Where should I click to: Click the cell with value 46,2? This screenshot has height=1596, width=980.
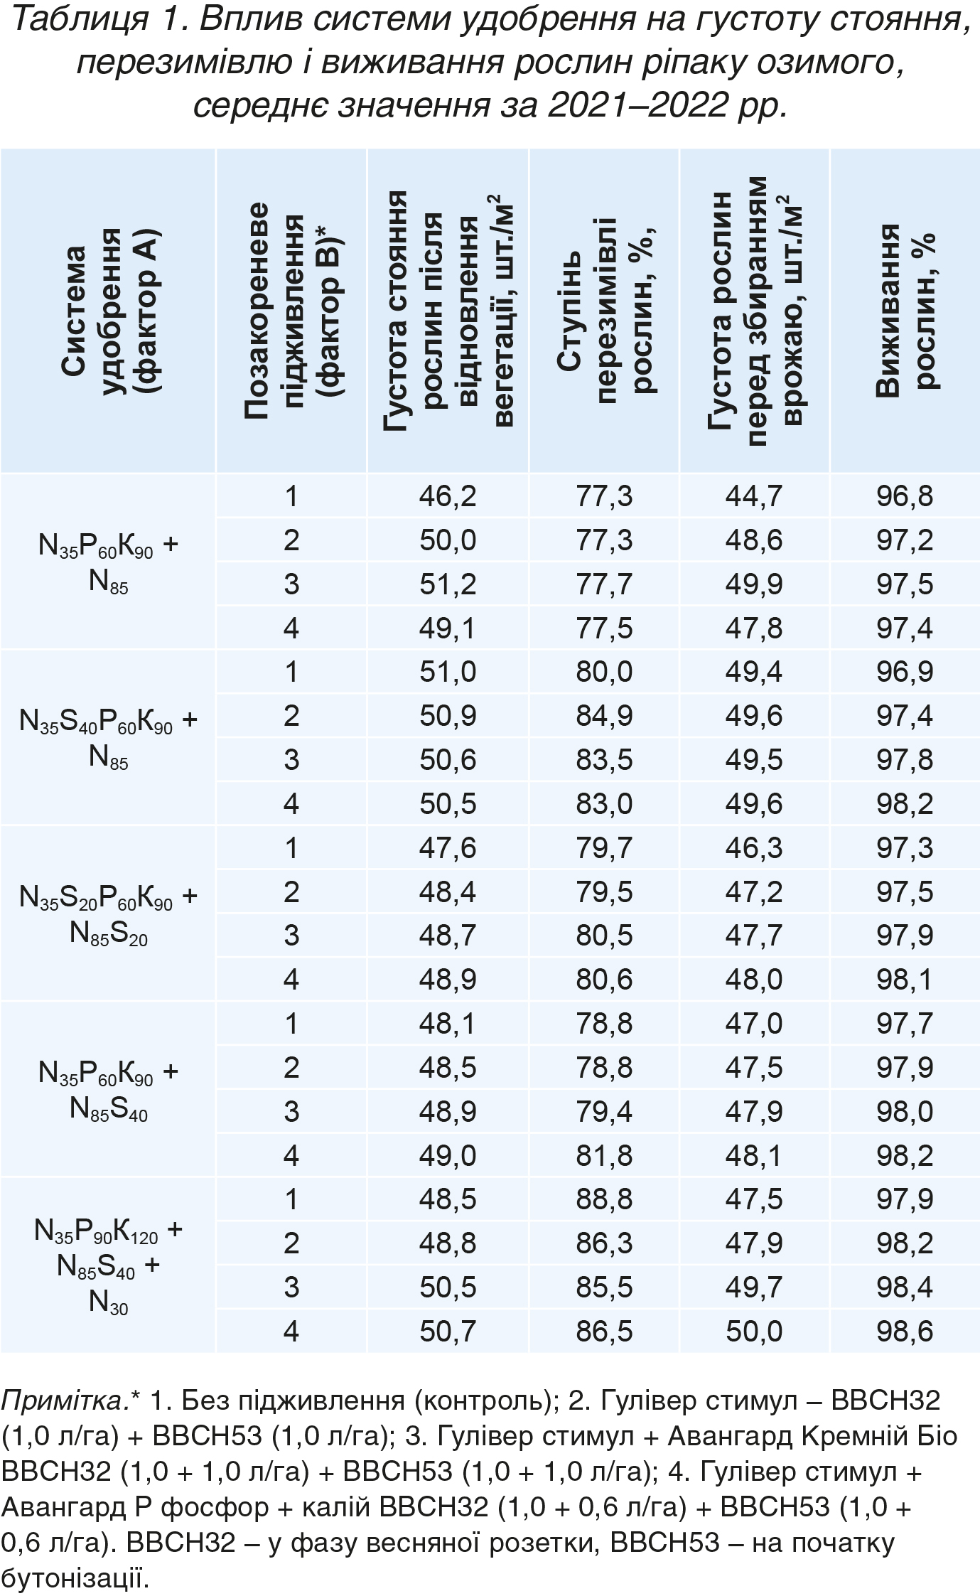[448, 496]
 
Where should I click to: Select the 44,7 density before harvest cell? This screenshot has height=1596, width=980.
[754, 496]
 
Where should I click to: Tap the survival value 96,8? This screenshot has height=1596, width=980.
[905, 496]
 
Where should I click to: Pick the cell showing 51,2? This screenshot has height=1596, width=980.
[448, 584]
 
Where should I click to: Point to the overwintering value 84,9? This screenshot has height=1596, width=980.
[604, 716]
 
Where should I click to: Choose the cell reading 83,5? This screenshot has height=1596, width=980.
[604, 760]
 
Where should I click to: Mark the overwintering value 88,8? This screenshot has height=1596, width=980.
[604, 1199]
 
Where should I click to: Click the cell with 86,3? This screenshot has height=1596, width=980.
[604, 1243]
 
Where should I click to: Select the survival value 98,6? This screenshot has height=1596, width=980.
[905, 1331]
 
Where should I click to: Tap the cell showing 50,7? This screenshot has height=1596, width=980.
[448, 1331]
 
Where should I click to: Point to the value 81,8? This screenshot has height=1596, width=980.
[604, 1156]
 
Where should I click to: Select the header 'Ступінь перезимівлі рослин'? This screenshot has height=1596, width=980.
[604, 311]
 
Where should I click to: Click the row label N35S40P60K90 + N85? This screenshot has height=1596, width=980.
[109, 738]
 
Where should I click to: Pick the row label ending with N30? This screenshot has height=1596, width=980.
[109, 1265]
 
